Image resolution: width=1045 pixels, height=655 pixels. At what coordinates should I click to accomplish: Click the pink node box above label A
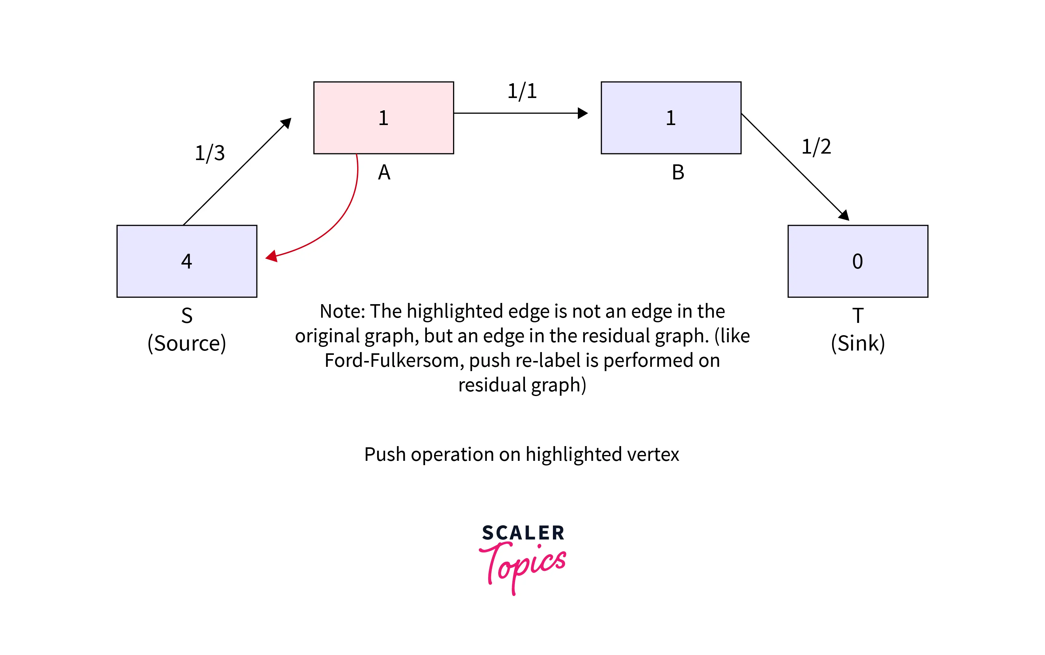point(384,118)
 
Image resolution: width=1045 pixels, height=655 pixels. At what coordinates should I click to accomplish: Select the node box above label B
point(671,118)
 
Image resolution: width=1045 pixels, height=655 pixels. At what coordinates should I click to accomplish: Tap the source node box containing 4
point(187,261)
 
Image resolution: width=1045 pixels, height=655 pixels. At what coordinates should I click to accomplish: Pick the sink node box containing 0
point(858,261)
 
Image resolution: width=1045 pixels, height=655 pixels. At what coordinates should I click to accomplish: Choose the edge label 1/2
point(816,147)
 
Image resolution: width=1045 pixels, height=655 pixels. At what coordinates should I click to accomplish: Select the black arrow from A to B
point(515,113)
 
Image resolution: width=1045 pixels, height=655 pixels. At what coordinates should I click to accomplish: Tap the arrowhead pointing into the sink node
point(844,215)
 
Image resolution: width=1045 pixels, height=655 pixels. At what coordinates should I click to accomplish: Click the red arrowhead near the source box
point(272,257)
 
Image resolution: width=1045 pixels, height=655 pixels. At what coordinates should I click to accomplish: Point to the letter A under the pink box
point(384,172)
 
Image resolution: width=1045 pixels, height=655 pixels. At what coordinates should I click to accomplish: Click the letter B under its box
point(678,172)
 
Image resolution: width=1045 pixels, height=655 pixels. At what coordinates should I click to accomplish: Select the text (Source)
point(187,343)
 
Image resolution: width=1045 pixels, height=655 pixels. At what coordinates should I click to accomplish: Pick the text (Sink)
point(858,343)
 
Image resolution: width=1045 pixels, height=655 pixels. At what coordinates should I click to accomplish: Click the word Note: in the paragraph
point(342,311)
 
